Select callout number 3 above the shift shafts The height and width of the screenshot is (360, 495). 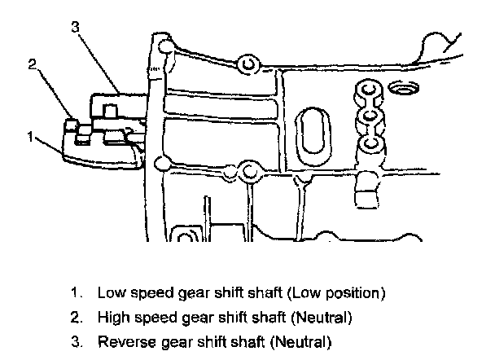coord(76,28)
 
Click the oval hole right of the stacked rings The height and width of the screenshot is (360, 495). coord(404,86)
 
